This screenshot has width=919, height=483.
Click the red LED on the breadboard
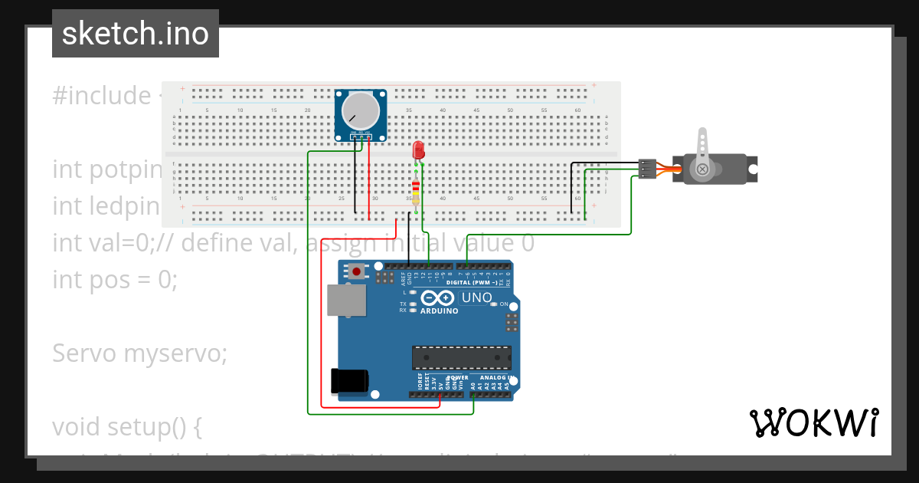point(418,149)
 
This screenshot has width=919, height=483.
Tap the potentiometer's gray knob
point(361,110)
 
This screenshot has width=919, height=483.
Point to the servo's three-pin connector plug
point(647,169)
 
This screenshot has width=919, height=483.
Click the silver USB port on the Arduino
point(346,300)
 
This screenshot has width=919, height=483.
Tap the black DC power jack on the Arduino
point(348,381)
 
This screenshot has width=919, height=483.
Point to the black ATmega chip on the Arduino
point(461,357)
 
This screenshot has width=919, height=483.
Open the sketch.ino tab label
point(136,34)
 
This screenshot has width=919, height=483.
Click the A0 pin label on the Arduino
point(473,386)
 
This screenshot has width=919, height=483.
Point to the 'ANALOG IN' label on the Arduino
point(496,377)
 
